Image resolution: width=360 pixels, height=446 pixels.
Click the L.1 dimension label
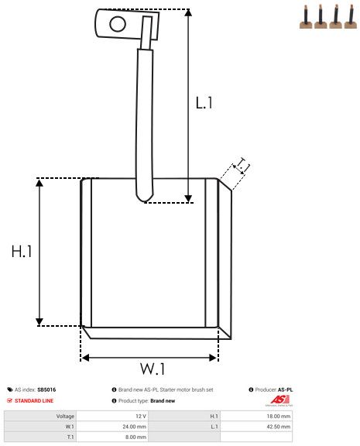204,101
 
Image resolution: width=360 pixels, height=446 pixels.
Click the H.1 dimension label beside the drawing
21,252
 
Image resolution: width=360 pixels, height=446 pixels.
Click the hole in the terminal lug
117,23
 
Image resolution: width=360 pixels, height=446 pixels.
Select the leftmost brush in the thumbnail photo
306,19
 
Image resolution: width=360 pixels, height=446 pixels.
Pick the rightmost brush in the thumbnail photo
350,19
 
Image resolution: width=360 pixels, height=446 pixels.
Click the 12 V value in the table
140,416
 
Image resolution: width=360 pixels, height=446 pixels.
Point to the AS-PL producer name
286,389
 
